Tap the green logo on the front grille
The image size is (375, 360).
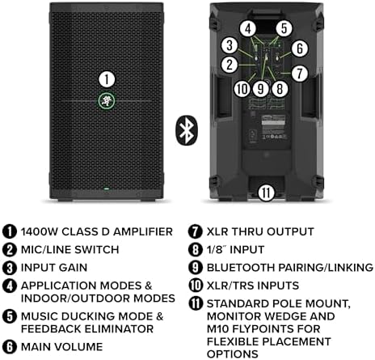click(106, 101)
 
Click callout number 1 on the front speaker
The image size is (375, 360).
click(106, 78)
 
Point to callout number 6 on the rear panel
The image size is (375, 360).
click(298, 49)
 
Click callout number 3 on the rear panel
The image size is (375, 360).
click(230, 45)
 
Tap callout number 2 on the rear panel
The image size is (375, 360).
click(230, 64)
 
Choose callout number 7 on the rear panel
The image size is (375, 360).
click(300, 73)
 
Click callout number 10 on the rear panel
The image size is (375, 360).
click(241, 88)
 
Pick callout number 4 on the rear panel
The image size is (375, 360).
click(248, 28)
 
